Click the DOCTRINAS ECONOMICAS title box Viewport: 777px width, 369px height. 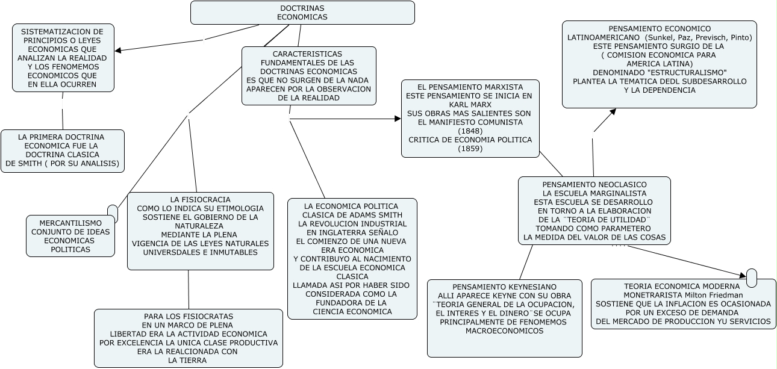pyautogui.click(x=302, y=13)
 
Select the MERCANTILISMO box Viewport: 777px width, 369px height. pyautogui.click(x=70, y=236)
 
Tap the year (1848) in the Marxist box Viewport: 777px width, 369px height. pyautogui.click(x=470, y=131)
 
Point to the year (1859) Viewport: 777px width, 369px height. pyautogui.click(x=470, y=149)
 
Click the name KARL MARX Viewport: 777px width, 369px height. pyautogui.click(x=470, y=105)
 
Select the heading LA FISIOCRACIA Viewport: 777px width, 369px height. pyautogui.click(x=200, y=200)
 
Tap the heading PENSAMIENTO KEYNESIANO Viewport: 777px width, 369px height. pyautogui.click(x=504, y=287)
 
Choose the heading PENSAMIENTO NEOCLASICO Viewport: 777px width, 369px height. pyautogui.click(x=594, y=185)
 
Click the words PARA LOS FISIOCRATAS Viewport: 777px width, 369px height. pyautogui.click(x=189, y=317)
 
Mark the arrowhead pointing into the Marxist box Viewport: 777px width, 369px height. pyautogui.click(x=398, y=119)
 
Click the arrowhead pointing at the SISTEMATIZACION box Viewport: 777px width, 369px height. pyautogui.click(x=118, y=51)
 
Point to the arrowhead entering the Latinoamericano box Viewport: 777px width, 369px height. pyautogui.click(x=613, y=112)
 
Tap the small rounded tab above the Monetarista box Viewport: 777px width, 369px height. pyautogui.click(x=751, y=278)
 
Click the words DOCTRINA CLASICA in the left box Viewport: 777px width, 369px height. pyautogui.click(x=63, y=155)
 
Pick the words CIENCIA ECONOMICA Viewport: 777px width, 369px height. pyautogui.click(x=352, y=312)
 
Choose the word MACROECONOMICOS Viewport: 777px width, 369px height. pyautogui.click(x=504, y=331)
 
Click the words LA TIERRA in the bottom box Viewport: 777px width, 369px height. pyautogui.click(x=187, y=361)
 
